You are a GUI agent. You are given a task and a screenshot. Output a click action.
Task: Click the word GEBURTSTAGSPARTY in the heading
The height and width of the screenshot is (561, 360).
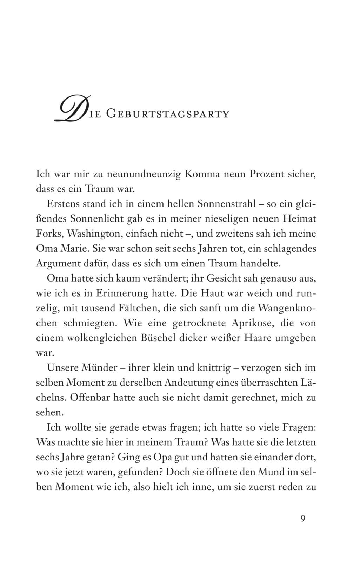click(x=167, y=114)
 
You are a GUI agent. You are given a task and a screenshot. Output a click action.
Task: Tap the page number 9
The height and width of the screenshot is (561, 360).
click(x=303, y=518)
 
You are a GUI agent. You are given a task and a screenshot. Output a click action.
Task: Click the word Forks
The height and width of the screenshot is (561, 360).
click(x=49, y=234)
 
